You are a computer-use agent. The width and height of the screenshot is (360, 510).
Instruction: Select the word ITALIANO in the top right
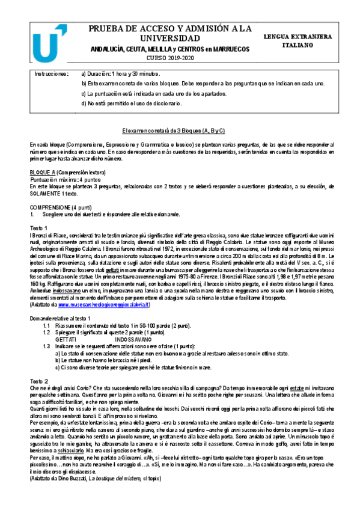coord(297,45)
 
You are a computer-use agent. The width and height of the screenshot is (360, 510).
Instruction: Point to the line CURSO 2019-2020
coord(171,58)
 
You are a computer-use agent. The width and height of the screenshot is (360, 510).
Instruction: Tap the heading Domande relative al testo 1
coord(60,318)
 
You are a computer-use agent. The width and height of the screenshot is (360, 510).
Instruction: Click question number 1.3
coord(46,346)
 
